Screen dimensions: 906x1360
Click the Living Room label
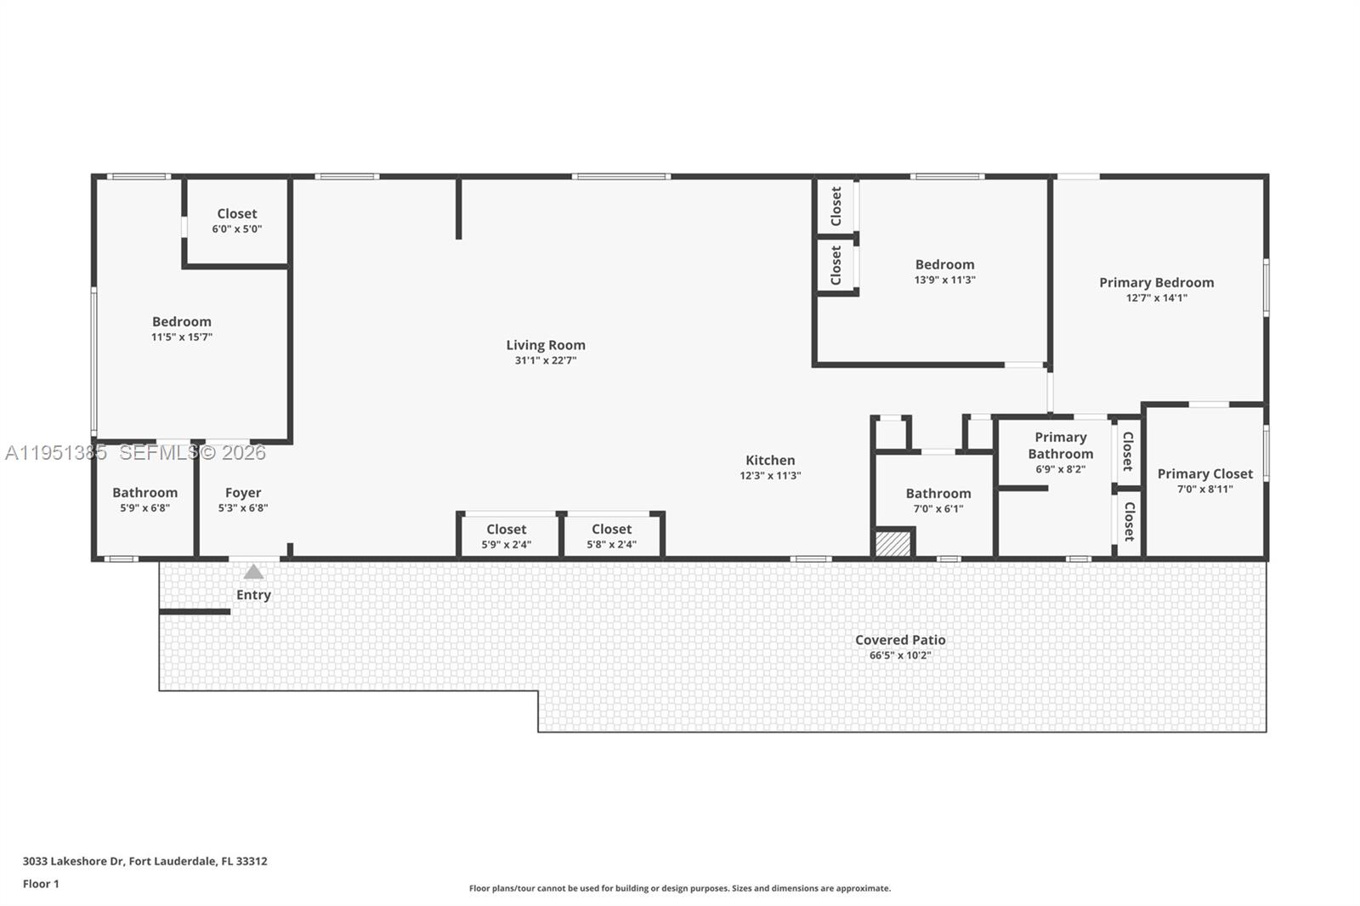[546, 345]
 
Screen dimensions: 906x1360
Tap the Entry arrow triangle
[253, 572]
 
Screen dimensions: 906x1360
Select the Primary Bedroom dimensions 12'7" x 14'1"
[1156, 298]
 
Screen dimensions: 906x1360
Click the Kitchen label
[770, 461]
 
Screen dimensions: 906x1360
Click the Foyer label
[243, 493]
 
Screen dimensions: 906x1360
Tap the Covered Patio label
[900, 640]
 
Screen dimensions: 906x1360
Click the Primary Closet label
[1204, 474]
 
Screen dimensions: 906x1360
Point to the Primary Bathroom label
[1060, 445]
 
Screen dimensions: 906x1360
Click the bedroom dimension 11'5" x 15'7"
[182, 337]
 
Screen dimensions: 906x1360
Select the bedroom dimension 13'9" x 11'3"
[944, 280]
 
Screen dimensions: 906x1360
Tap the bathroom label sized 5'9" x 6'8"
[144, 493]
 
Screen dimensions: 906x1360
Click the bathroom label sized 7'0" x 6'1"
[938, 494]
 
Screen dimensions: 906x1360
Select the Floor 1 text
[41, 884]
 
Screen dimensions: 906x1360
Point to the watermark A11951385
[56, 453]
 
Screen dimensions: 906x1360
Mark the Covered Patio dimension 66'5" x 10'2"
[900, 655]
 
